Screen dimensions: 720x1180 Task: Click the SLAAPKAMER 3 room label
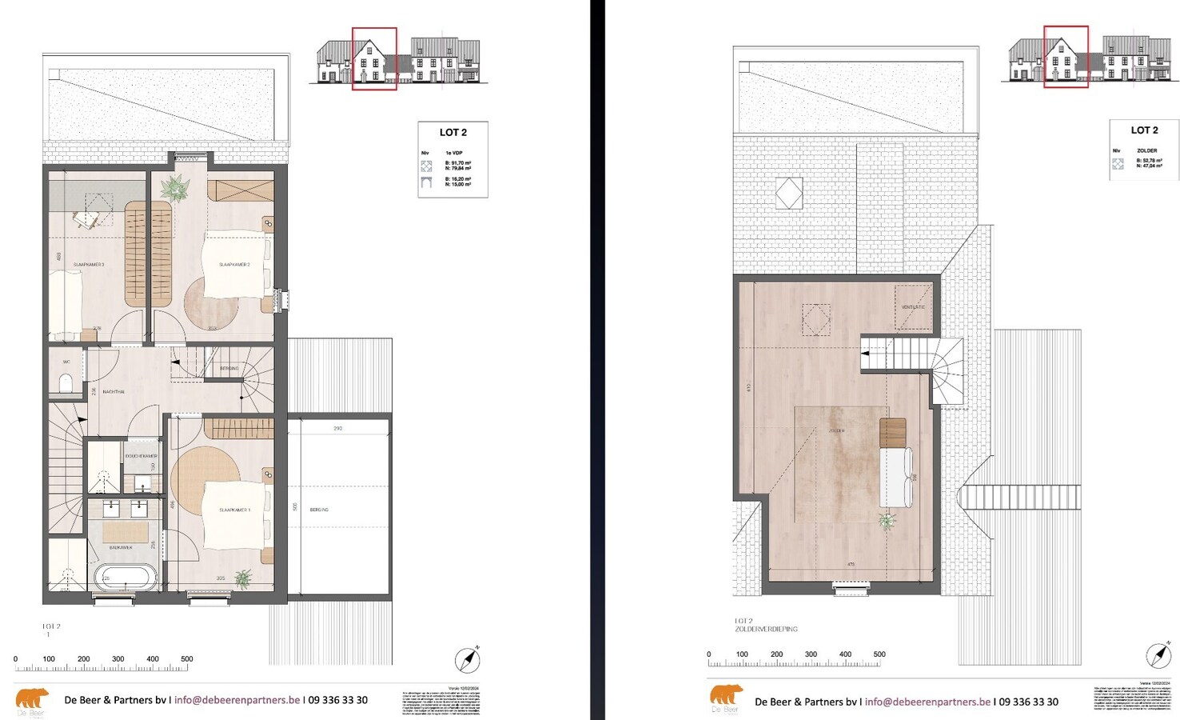(89, 264)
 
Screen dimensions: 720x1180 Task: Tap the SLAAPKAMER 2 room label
(235, 264)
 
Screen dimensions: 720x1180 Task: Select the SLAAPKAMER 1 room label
(235, 510)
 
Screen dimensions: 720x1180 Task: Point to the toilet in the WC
(66, 384)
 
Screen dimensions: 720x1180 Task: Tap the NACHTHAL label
(114, 392)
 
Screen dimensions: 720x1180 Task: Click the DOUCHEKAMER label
(142, 456)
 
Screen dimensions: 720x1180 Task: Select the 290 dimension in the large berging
(338, 429)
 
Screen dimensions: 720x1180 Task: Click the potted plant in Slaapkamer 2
(175, 189)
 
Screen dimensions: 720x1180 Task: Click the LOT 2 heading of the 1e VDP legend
(453, 133)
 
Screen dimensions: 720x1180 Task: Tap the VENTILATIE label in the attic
(913, 307)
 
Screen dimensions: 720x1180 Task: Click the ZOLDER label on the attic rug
(836, 430)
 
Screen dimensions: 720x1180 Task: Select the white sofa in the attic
(895, 476)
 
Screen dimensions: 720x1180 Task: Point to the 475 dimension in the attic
(851, 565)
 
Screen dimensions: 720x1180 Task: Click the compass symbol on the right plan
(1158, 655)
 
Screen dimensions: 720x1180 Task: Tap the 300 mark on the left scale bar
(118, 659)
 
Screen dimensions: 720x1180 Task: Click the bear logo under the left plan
(32, 701)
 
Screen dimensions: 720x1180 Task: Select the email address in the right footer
(927, 702)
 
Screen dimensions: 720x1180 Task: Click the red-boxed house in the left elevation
(374, 58)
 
